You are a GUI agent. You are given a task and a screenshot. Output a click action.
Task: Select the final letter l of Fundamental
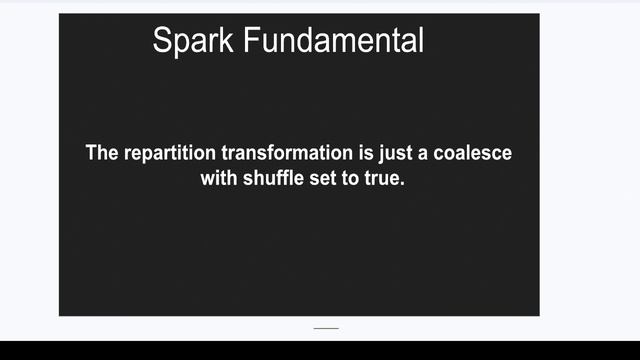pyautogui.click(x=421, y=41)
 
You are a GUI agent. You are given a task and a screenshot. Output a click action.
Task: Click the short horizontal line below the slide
pyautogui.click(x=326, y=328)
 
